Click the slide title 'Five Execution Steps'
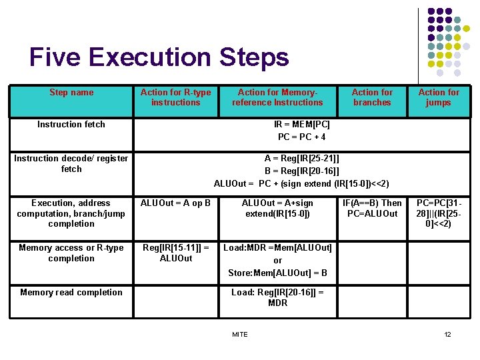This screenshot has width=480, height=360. click(159, 57)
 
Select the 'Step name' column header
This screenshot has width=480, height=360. click(71, 93)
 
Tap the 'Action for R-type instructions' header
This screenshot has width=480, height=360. click(175, 97)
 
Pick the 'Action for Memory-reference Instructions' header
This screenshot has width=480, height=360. click(277, 97)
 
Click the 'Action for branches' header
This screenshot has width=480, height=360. click(372, 97)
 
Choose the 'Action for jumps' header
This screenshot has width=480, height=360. click(438, 97)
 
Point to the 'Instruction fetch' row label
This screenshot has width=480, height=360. click(71, 125)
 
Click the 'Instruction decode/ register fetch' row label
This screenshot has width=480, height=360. click(71, 163)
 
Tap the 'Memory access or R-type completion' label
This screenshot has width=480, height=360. click(71, 253)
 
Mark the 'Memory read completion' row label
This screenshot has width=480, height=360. click(71, 293)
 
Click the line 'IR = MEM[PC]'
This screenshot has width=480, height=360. click(301, 125)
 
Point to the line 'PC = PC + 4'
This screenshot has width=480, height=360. click(301, 137)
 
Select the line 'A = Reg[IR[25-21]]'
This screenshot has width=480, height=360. click(301, 158)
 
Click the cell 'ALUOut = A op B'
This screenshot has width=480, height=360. click(175, 203)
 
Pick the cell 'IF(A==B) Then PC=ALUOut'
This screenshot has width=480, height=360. click(372, 208)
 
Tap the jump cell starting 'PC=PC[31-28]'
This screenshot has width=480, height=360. click(438, 213)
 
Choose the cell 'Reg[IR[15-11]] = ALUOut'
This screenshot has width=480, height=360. click(175, 253)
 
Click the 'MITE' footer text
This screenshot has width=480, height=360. click(239, 334)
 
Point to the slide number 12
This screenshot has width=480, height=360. click(447, 334)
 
